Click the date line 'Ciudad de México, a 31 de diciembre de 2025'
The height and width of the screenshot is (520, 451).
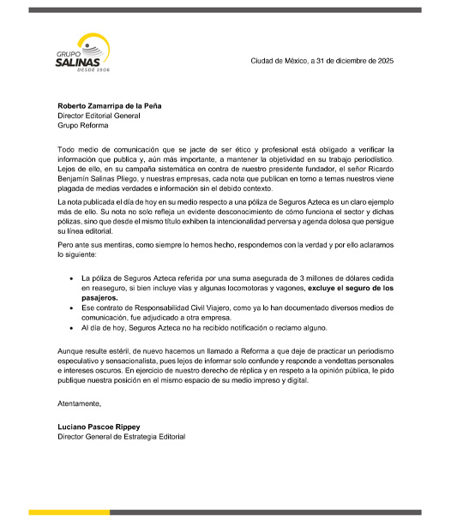tap(322, 60)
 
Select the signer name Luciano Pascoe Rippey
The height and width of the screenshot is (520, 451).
tap(97, 427)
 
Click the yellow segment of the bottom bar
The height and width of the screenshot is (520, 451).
tap(68, 512)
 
